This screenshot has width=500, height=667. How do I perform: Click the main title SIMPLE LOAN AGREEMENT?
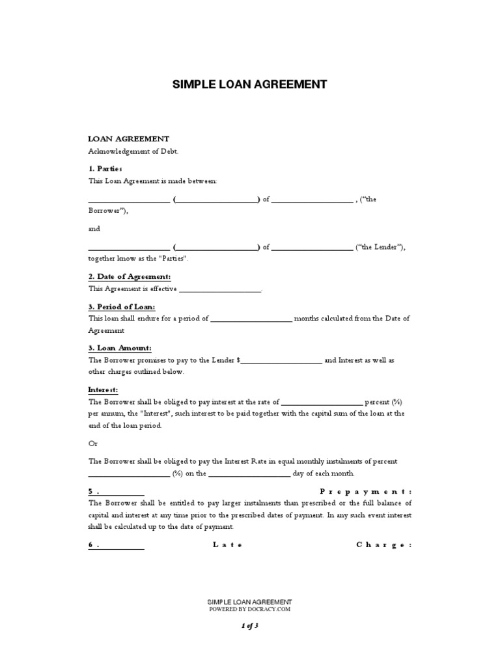(249, 85)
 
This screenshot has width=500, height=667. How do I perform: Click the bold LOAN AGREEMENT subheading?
(129, 139)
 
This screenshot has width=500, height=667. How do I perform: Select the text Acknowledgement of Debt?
(133, 151)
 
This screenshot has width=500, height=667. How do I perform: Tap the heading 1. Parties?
(105, 169)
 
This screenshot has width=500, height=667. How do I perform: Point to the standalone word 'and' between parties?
(95, 229)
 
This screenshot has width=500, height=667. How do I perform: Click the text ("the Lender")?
(381, 247)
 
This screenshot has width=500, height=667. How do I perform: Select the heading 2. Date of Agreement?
(130, 277)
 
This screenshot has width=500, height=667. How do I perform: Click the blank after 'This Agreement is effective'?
(219, 289)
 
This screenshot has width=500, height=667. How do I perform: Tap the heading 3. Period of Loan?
(122, 307)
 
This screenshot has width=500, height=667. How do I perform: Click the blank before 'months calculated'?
(251, 319)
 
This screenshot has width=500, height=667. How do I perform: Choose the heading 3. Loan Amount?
(120, 348)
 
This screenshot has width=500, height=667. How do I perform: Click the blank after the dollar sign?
(281, 361)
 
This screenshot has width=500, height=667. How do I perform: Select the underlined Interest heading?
(103, 390)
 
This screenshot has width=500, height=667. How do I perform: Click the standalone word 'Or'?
(92, 444)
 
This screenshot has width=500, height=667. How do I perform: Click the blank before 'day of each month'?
(249, 474)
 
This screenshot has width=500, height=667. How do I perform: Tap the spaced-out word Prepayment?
(365, 491)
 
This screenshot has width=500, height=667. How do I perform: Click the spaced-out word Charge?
(383, 545)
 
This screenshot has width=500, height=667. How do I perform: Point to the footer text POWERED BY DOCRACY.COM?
(249, 610)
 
